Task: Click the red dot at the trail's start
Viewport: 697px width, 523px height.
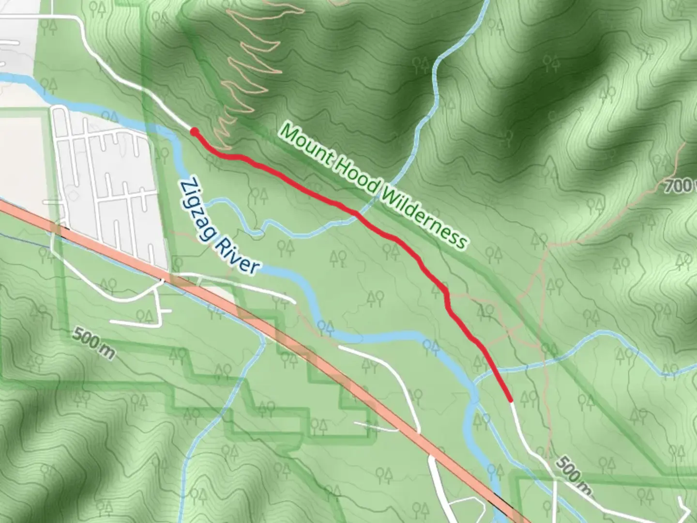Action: click(194, 132)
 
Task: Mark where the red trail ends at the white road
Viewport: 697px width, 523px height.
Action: click(510, 400)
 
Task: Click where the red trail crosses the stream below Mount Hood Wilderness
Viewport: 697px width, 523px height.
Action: click(357, 214)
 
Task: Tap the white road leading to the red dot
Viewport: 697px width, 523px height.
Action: click(145, 92)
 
